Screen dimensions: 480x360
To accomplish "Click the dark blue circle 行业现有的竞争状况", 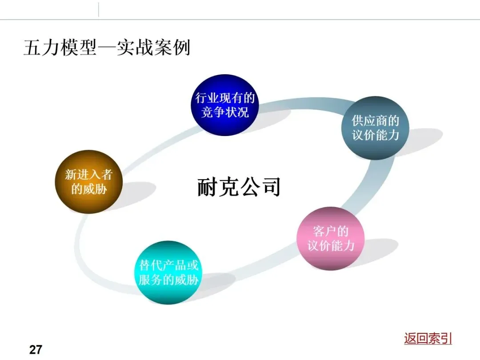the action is pos(225,105).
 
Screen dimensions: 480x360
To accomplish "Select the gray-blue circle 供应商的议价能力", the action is pos(376,128).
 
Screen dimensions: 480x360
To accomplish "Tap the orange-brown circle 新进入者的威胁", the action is pos(88,181).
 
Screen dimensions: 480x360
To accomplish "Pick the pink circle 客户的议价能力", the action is pos(331,238).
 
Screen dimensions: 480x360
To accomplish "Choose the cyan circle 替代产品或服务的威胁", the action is pos(168,272).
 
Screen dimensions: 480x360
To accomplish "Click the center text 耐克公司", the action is pos(239,187).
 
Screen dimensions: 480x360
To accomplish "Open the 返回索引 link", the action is pos(428,338).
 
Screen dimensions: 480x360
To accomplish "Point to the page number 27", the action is pos(36,350).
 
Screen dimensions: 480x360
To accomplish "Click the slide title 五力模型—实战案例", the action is pos(107,47).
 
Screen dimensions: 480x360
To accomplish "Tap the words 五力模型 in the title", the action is pos(60,47).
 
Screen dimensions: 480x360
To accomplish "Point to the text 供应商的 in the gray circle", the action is pos(376,121).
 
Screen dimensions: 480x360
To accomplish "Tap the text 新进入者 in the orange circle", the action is pos(88,174).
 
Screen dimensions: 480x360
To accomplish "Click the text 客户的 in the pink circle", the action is pos(331,231).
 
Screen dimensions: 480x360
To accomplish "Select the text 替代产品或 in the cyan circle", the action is pos(168,265).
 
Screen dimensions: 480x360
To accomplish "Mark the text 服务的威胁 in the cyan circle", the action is pos(168,280).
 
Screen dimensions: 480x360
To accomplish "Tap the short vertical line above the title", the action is pos(98,9).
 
